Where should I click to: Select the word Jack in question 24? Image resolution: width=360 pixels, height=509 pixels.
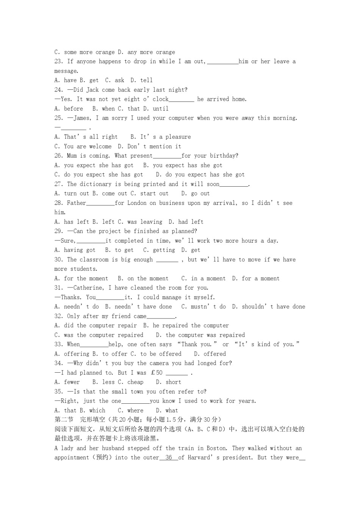(x=92, y=90)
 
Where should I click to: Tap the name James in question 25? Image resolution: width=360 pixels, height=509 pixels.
(x=82, y=118)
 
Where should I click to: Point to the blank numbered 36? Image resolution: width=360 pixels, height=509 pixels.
(x=169, y=457)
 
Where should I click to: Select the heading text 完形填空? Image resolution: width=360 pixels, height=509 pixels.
(x=91, y=420)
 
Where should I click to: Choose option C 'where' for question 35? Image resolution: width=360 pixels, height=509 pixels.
(x=131, y=411)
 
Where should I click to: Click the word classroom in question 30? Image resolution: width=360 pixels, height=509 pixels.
(x=94, y=259)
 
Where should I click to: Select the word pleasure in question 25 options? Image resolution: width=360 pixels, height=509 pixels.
(x=178, y=137)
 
